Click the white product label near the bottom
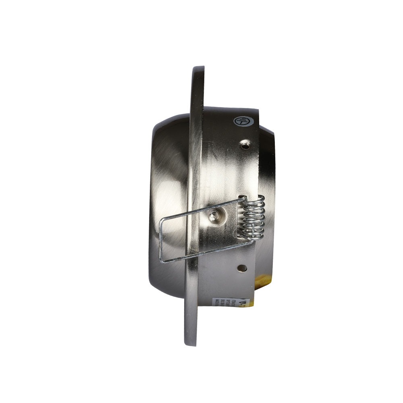(233, 306)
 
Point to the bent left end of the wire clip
(162, 240)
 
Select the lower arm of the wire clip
(201, 255)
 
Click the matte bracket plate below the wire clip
(226, 278)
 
